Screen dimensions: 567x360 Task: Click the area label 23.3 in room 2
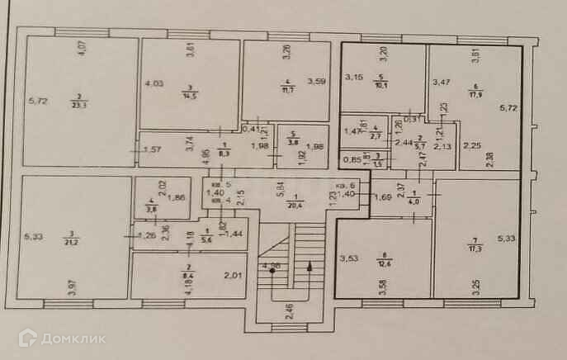tap(79, 103)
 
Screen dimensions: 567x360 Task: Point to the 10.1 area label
tap(382, 83)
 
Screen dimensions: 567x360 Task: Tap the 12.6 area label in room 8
tap(382, 263)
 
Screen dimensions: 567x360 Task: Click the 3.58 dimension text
tap(383, 288)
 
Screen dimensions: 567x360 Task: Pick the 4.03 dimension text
tap(154, 83)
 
